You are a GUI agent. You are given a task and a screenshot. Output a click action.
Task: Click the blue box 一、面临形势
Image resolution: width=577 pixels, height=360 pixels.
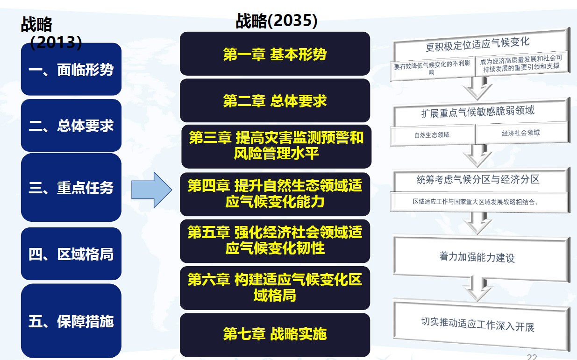coord(71,69)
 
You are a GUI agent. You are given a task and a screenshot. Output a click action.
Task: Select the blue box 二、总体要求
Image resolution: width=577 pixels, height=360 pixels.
coord(71,126)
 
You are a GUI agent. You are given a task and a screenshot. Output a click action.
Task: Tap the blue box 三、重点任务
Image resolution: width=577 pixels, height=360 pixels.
coord(71,187)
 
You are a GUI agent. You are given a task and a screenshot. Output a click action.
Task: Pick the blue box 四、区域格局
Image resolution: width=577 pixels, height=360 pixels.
coord(71,254)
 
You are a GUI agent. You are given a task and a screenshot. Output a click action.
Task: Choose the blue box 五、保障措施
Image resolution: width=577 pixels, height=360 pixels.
coord(71,321)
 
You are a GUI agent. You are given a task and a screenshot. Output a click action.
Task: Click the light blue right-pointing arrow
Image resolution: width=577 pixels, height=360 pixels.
coord(152,190)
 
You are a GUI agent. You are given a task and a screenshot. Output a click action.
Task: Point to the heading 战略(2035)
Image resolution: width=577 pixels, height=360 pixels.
coord(277,21)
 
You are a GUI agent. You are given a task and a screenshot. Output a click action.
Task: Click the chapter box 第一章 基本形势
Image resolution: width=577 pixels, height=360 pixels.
coord(275,54)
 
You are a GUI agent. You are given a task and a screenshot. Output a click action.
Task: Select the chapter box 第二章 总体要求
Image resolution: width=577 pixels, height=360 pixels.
coord(275,100)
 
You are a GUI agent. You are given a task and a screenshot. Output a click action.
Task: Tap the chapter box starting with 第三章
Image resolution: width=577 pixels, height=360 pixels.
coord(276,147)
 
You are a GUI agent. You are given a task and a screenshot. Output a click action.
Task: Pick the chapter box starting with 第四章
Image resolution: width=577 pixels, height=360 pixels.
coord(275,194)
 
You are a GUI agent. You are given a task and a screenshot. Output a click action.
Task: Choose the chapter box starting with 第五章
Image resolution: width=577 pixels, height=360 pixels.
coord(275,241)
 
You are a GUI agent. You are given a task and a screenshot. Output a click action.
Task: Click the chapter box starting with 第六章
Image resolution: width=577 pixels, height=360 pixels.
coord(275,288)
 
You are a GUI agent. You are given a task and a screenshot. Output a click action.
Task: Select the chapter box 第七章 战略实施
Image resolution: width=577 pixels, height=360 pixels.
coord(275,335)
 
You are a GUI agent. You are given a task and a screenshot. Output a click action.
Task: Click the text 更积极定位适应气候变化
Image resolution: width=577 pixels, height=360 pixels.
coord(477,44)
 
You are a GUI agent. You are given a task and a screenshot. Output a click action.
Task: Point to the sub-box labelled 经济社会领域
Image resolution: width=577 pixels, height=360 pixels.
coord(521,133)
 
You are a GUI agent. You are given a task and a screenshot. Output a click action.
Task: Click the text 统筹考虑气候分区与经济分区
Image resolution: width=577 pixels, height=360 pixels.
coord(478,179)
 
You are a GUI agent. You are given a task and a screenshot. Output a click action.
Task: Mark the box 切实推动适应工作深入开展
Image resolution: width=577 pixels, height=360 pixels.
coord(481,324)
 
